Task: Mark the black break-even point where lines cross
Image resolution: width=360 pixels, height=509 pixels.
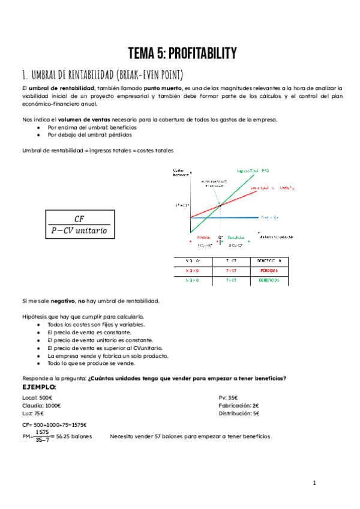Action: pos(220,205)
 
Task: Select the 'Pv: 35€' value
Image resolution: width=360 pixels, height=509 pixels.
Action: pos(229,397)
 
